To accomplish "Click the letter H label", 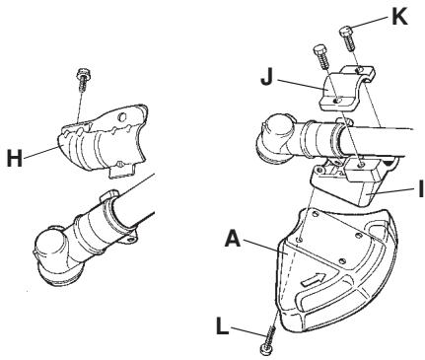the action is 15,158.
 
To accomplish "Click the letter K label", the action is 399,16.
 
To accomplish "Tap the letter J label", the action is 267,77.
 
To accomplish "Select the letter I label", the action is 421,189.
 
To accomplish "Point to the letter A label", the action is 233,239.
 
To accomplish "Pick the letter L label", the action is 223,325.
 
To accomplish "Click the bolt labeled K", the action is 348,38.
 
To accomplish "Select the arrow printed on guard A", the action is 315,279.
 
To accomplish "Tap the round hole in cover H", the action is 122,117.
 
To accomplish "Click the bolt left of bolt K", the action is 320,57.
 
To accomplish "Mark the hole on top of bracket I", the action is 361,164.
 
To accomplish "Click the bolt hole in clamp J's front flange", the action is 337,100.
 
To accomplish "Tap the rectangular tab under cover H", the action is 121,171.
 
